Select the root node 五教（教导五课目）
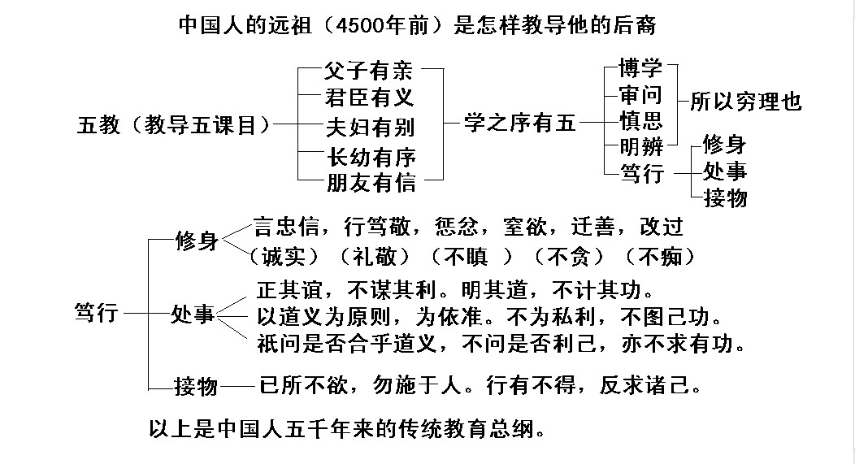174,124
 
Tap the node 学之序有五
519,124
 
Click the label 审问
640,95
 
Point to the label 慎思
640,121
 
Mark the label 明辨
640,147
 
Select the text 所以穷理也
745,102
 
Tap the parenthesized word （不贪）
570,257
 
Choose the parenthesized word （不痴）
662,257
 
